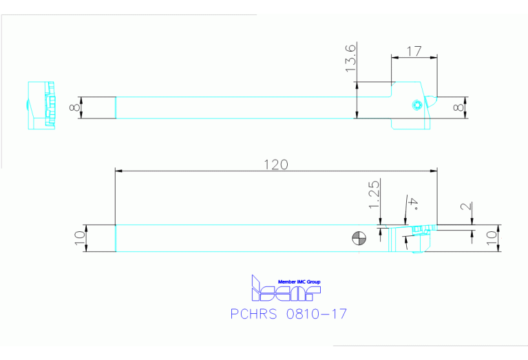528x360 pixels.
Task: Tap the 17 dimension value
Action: pyautogui.click(x=414, y=50)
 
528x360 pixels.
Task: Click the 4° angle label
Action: pyautogui.click(x=412, y=203)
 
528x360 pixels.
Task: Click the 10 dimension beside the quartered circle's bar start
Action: pyautogui.click(x=79, y=238)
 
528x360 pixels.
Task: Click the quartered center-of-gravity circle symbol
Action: pyautogui.click(x=358, y=239)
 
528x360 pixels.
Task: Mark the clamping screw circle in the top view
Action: pyautogui.click(x=416, y=105)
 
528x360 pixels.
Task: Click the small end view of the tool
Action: pyautogui.click(x=41, y=106)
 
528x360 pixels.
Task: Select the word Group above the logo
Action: pyautogui.click(x=313, y=282)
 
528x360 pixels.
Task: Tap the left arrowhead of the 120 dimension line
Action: pyautogui.click(x=118, y=170)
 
